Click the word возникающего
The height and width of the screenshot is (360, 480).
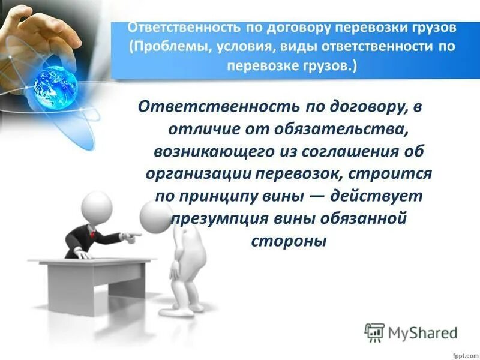(211, 151)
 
